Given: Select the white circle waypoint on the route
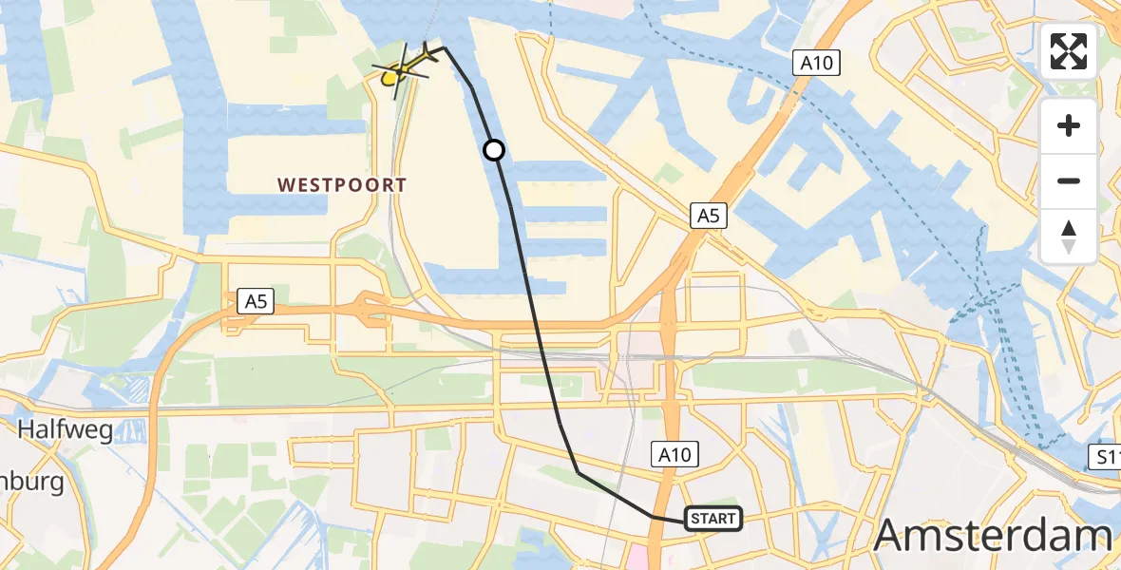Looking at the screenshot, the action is [494, 150].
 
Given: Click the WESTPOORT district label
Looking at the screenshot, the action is [342, 185].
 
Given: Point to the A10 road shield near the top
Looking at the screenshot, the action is [817, 63].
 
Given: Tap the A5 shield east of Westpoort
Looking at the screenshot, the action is [708, 217].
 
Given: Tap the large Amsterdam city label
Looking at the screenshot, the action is [993, 535].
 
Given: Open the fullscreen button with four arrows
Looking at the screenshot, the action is [1069, 51].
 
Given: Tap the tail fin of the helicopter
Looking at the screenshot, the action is [432, 53].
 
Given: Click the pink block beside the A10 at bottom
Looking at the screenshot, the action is [634, 557].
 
